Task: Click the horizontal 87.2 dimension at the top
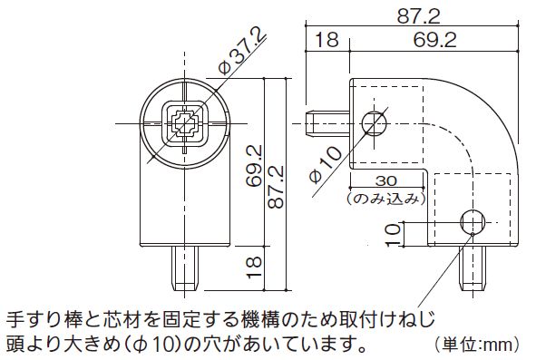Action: (x=418, y=15)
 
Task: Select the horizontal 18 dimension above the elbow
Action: (x=326, y=39)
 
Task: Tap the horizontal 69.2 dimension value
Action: (x=434, y=40)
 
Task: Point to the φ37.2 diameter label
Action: (x=242, y=51)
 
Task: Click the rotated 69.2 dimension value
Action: (x=254, y=166)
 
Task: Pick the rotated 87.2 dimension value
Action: (x=276, y=187)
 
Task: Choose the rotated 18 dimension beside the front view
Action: (x=254, y=267)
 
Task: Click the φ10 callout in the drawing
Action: (x=325, y=164)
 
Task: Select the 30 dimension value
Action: (x=386, y=180)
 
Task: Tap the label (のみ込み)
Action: (x=386, y=199)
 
